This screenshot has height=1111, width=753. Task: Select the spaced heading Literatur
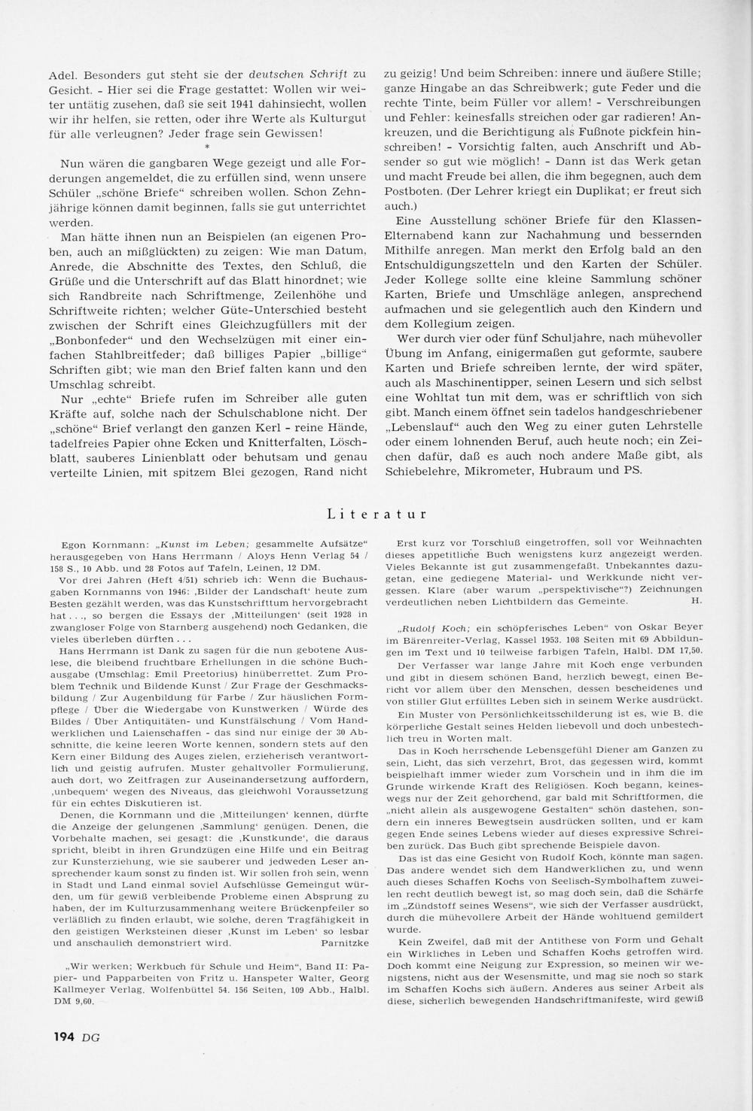[378, 515]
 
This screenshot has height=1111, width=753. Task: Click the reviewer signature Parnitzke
[344, 940]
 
